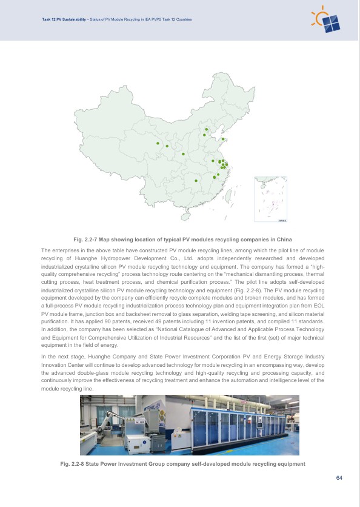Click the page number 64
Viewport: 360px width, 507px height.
[339, 478]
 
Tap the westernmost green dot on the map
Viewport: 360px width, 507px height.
[158, 143]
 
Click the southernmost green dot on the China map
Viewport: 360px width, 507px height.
[196, 181]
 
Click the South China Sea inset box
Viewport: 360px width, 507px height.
[270, 196]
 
